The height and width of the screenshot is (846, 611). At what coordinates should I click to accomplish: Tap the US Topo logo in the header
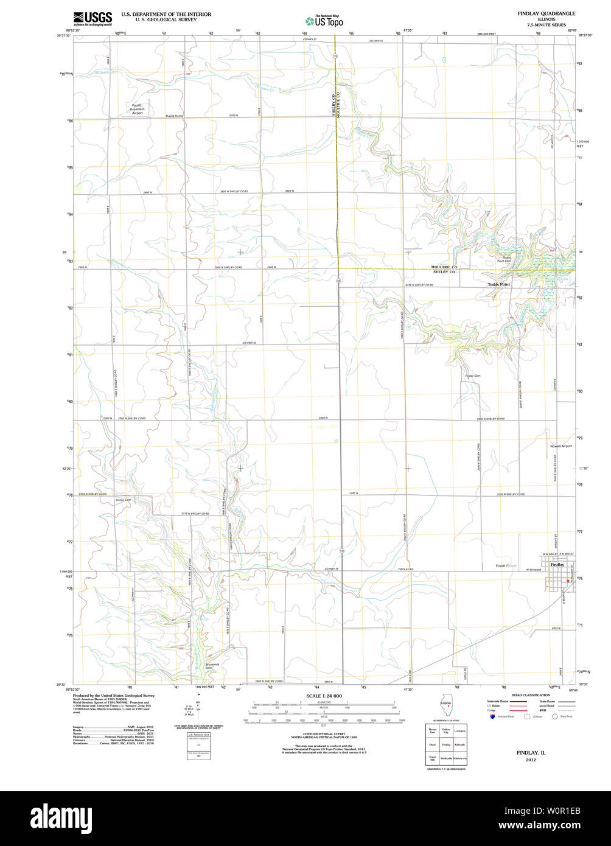324,21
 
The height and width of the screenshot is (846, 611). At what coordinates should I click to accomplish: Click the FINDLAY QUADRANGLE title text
545,13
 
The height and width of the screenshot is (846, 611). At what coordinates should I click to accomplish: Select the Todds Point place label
498,284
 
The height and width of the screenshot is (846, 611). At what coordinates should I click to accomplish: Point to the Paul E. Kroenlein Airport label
138,109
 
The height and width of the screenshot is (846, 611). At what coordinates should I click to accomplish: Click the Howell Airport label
561,446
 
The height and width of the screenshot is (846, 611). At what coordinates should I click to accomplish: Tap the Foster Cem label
473,376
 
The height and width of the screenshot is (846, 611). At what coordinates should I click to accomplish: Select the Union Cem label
124,500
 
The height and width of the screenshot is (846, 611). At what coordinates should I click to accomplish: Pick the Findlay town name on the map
557,564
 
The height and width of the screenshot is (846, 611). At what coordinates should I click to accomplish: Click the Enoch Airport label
506,565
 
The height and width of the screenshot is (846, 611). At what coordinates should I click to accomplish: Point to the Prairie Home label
175,116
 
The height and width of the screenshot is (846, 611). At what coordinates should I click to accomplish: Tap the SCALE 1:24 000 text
324,696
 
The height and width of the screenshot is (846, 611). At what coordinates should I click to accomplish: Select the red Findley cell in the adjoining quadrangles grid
446,744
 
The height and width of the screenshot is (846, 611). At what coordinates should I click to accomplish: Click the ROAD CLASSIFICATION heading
531,695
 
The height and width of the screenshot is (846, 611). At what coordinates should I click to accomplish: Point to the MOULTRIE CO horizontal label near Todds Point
444,267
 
